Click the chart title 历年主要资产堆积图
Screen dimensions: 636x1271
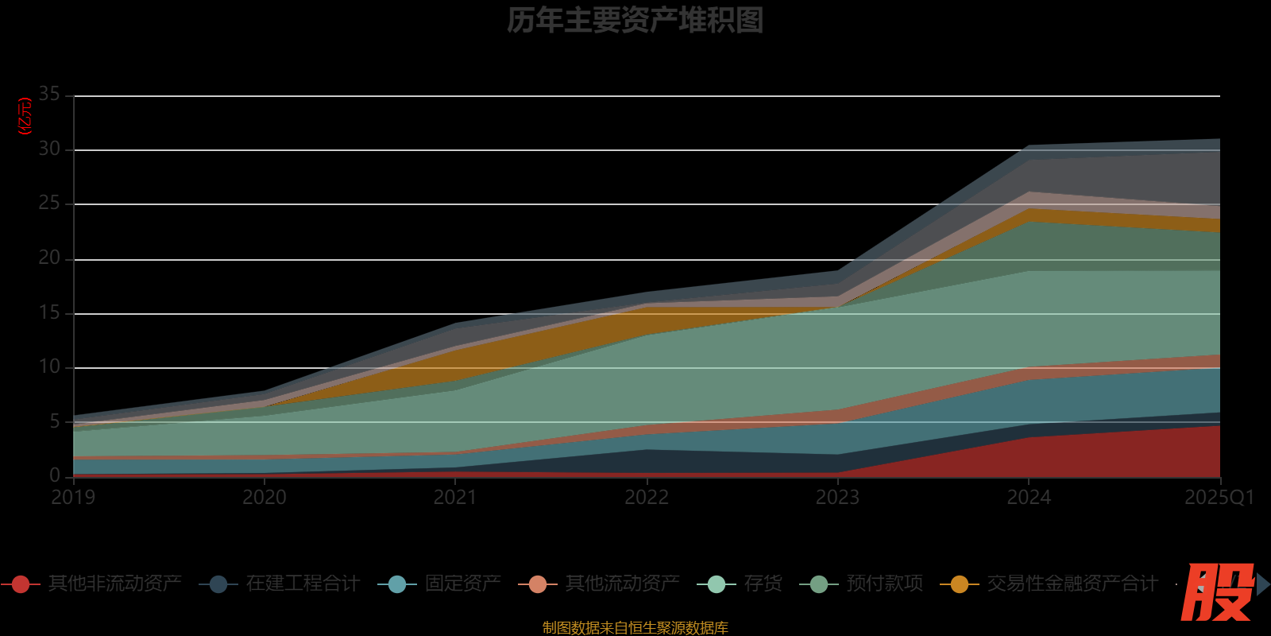[635, 21]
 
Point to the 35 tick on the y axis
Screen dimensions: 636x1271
[49, 94]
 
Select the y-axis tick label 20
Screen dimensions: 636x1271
[49, 258]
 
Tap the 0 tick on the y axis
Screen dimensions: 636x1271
[54, 475]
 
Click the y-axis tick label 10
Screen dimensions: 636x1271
[49, 366]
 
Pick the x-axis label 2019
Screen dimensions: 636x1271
[73, 498]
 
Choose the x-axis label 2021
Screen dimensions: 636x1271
[455, 498]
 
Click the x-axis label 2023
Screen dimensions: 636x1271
[837, 498]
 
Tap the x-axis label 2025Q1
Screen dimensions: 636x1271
[1219, 498]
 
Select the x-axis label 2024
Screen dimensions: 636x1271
[1029, 498]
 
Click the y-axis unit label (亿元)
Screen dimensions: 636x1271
[25, 116]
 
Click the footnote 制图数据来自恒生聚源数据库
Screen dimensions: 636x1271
[635, 628]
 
